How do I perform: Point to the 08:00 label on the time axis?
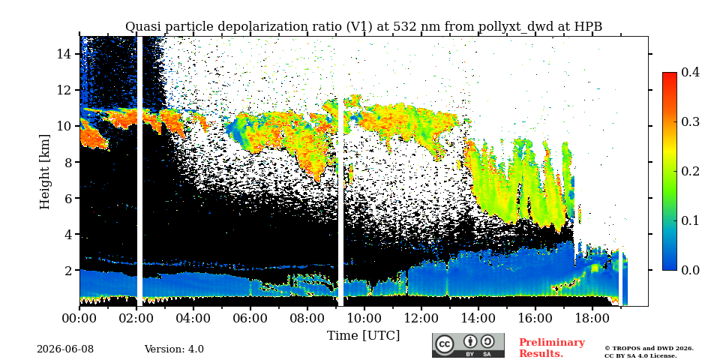pos(307,318)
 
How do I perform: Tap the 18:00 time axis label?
pos(592,318)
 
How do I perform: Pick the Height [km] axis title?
pos(44,172)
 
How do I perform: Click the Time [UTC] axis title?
pos(363,336)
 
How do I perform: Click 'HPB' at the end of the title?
pos(589,27)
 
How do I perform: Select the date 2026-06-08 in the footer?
pos(65,349)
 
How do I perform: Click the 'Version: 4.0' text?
pos(174,349)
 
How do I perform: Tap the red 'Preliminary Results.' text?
pos(552,348)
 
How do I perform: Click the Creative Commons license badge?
pos(468,345)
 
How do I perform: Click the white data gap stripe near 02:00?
pos(139,171)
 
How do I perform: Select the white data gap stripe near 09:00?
pos(340,201)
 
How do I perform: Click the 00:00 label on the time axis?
pos(79,318)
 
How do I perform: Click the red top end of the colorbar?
pos(670,75)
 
